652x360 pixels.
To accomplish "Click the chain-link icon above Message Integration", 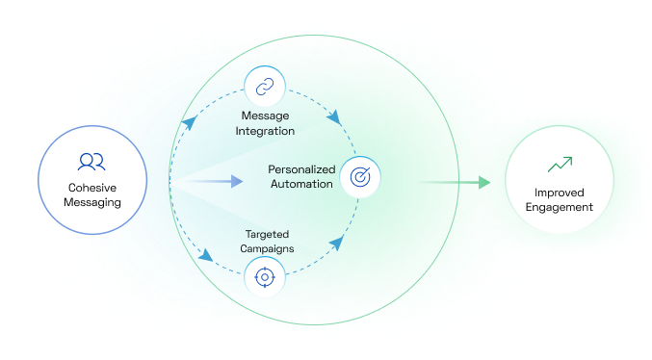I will point(263,88).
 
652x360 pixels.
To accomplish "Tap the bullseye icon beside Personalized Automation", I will point(361,177).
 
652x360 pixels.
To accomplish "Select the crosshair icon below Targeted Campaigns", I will point(263,279).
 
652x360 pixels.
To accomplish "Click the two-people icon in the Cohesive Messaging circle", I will point(92,161).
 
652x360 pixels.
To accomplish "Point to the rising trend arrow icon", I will point(560,165).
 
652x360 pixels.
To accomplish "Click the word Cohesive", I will point(92,187).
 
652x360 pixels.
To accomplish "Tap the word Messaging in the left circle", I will point(92,203).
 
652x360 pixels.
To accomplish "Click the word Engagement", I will point(560,207).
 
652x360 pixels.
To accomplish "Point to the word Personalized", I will point(300,169).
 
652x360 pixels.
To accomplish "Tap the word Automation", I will point(301,184).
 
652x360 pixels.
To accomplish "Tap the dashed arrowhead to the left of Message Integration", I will point(191,121).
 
